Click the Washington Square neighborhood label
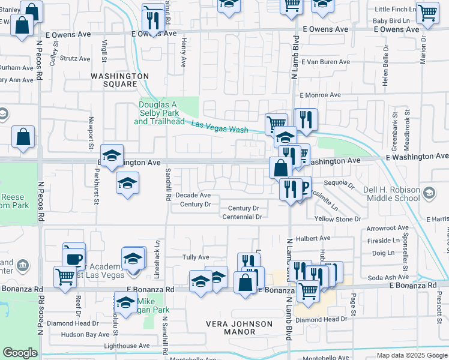(120, 80)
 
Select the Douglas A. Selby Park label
(158, 112)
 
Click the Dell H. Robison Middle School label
(391, 194)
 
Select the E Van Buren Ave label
(325, 62)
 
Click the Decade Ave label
(193, 195)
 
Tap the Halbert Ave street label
(318, 238)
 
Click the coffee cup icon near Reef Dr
(74, 259)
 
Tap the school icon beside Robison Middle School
(429, 193)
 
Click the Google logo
(20, 353)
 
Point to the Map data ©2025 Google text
(411, 355)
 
